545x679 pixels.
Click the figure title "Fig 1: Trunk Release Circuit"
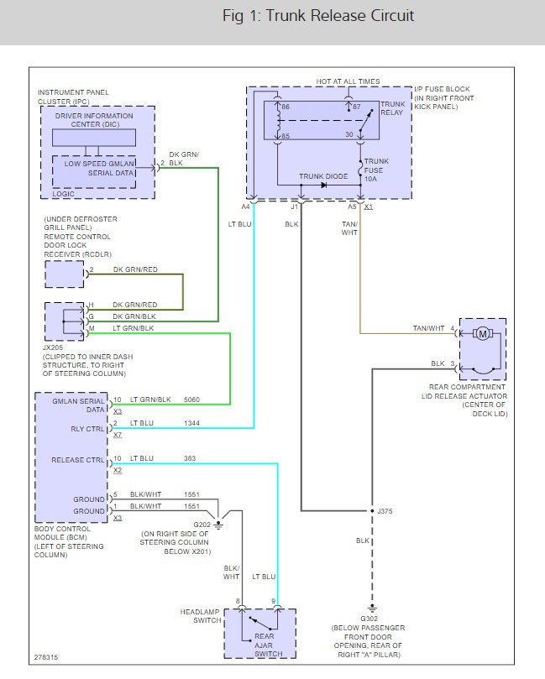(318, 16)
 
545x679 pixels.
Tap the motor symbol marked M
(482, 334)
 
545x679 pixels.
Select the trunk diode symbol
(323, 184)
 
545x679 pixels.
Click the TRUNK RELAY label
(393, 109)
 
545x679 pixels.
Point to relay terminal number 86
(285, 107)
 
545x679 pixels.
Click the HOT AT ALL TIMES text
(348, 81)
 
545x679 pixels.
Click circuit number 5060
(193, 400)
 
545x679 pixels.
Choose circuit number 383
(191, 458)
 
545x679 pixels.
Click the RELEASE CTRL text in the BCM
(78, 460)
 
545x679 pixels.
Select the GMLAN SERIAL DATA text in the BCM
(79, 405)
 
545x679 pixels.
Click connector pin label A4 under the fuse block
(246, 206)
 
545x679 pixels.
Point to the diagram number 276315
(46, 658)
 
